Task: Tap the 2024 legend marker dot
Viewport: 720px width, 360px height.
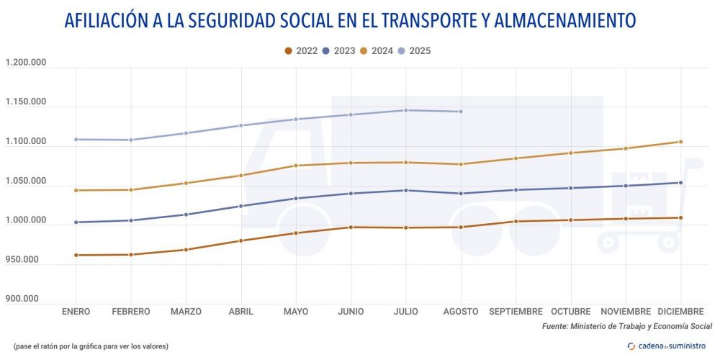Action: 364,51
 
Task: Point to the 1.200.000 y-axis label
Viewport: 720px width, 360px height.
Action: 26,63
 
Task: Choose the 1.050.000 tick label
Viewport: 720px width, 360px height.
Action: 26,181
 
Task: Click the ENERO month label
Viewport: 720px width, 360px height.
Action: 76,312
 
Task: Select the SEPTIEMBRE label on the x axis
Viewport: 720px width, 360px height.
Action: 516,312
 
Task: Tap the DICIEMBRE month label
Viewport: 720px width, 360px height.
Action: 680,312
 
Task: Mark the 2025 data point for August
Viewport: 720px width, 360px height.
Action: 461,112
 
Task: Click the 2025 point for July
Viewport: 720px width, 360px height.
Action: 406,110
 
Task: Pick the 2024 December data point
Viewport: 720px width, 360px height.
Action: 680,142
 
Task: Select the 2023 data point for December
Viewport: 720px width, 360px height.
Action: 680,183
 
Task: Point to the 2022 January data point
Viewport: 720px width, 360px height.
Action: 76,255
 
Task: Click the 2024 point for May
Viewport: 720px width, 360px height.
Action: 296,166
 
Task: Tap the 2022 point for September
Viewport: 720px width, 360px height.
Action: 516,221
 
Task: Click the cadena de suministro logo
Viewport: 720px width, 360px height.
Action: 667,346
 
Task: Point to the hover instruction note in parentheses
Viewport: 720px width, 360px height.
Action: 91,346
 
